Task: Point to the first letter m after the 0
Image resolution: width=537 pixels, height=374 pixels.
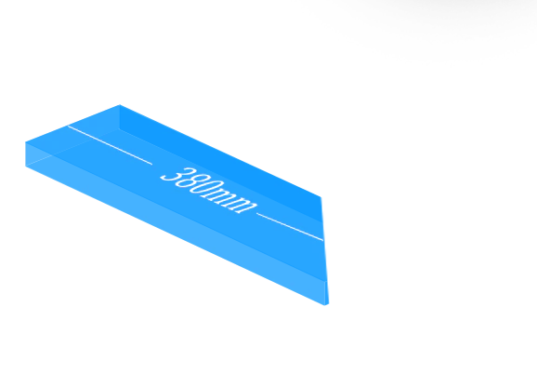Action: (x=217, y=198)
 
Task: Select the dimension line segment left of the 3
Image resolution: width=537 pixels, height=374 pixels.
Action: (x=110, y=145)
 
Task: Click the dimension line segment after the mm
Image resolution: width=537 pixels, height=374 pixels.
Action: (x=290, y=227)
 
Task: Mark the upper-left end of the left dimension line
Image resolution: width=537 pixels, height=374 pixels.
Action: (x=68, y=126)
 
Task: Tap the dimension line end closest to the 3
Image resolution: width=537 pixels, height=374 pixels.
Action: (x=152, y=165)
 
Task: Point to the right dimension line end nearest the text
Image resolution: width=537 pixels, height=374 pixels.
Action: (x=256, y=213)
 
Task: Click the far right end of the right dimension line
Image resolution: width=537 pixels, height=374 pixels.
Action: (x=323, y=240)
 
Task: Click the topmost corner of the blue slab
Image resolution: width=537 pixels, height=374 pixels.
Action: (x=120, y=104)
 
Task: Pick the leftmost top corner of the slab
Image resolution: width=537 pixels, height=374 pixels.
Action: (x=26, y=142)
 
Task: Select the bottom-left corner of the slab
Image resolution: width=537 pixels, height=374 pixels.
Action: (x=26, y=167)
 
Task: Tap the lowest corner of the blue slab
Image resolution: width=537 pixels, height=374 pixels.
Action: (x=324, y=305)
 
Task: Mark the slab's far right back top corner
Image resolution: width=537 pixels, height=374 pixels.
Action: (x=321, y=197)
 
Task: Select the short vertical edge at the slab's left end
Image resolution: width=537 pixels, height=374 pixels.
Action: (x=26, y=154)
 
